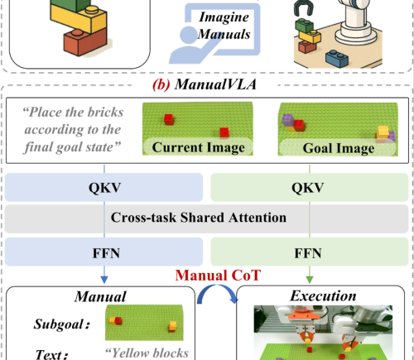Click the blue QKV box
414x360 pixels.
[103, 187]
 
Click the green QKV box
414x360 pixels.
[310, 187]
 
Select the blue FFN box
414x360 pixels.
[103, 252]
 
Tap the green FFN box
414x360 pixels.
[310, 252]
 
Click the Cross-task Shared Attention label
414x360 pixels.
[199, 218]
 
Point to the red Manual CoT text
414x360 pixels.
[218, 276]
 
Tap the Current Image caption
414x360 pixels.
[199, 147]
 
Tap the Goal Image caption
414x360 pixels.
[339, 148]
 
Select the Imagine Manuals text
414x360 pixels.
[224, 26]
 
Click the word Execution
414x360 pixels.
[323, 295]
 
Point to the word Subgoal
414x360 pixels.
[61, 324]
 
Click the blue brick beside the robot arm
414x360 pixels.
[337, 58]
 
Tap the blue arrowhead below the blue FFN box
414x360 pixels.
[104, 280]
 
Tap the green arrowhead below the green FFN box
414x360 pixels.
[310, 280]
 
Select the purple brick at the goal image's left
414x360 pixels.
[287, 120]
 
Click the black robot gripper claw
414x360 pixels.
[303, 7]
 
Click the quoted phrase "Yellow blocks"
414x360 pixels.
[147, 353]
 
